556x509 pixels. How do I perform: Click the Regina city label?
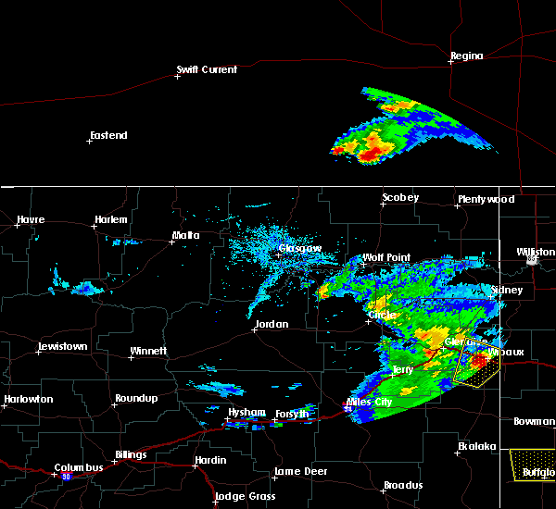point(466,56)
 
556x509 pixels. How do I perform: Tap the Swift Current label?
point(208,69)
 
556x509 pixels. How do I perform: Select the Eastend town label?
point(108,136)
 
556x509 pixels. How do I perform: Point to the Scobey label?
point(400,198)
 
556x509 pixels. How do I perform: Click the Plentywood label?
point(485,200)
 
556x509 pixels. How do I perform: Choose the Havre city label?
point(31,220)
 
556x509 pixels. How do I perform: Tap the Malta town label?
point(185,236)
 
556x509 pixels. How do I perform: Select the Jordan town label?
point(271,325)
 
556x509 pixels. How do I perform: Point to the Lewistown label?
point(63,347)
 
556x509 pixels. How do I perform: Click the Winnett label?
point(148,352)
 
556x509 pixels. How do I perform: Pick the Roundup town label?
point(136,399)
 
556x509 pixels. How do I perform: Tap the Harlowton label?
point(28,400)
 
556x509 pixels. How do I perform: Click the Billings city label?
point(131,455)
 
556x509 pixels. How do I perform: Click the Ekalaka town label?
point(477,447)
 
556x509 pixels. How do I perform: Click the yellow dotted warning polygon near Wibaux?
point(477,370)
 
